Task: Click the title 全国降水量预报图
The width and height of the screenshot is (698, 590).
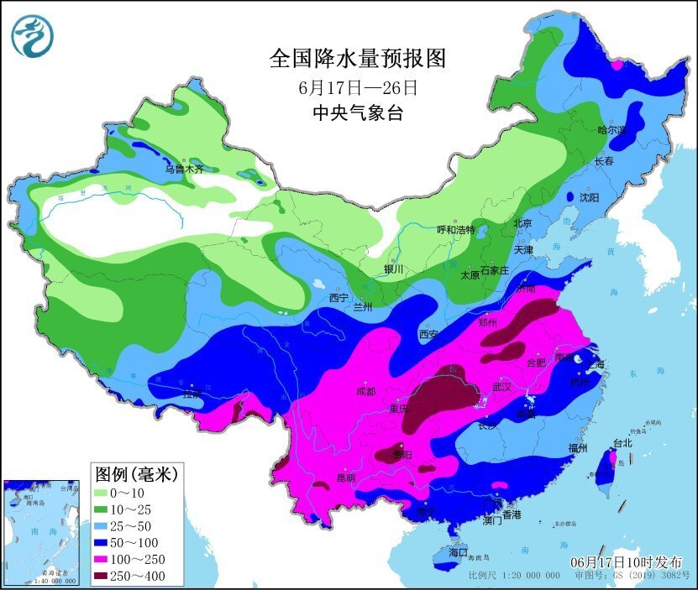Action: [x=357, y=58]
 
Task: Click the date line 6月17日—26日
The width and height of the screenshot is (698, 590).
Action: [x=357, y=86]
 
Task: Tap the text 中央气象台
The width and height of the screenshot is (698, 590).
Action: [x=357, y=113]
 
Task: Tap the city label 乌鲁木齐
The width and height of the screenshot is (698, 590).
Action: [x=183, y=169]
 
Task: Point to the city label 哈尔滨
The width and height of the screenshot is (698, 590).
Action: [x=611, y=130]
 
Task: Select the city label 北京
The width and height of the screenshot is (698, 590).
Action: [x=522, y=224]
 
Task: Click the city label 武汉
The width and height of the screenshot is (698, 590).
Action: [x=501, y=387]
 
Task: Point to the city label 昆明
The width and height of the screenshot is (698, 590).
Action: [x=345, y=478]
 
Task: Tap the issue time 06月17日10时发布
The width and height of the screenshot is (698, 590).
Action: [x=627, y=561]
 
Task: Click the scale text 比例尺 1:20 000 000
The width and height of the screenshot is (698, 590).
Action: [x=514, y=576]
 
